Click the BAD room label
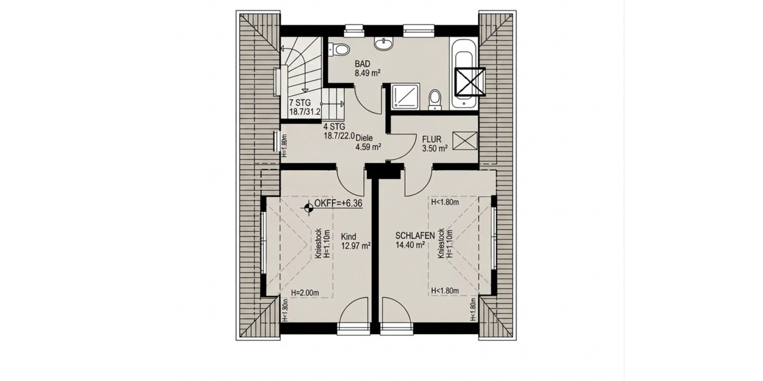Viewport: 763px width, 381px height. tap(362, 64)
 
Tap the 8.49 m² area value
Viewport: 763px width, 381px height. tap(368, 73)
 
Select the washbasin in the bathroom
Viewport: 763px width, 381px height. tap(383, 44)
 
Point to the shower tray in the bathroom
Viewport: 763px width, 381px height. tap(404, 97)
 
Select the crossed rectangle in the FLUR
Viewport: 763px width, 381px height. tap(465, 140)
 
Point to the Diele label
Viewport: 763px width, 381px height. tap(364, 138)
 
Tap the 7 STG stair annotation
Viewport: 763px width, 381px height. tap(299, 102)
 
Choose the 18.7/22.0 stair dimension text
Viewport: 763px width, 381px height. tap(339, 136)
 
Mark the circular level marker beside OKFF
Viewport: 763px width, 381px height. tap(308, 205)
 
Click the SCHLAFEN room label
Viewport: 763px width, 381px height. tap(415, 236)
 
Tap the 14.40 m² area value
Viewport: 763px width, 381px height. tap(410, 244)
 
